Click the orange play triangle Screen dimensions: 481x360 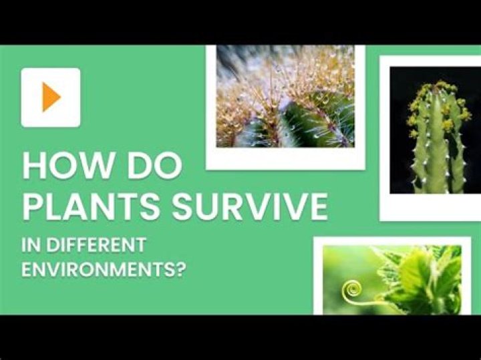(x=51, y=97)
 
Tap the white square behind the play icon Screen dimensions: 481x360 (x=51, y=98)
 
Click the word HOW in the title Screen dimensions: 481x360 (x=67, y=166)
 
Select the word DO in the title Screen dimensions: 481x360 (x=155, y=166)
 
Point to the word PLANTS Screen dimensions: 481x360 (x=91, y=206)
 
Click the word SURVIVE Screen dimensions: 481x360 (x=250, y=206)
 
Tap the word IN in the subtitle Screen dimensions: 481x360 (x=31, y=244)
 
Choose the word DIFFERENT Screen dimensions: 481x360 (x=96, y=244)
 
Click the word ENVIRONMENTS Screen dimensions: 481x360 (x=96, y=269)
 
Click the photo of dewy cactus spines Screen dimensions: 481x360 (x=285, y=96)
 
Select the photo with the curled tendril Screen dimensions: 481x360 (x=392, y=280)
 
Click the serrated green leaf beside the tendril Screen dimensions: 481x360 (x=420, y=276)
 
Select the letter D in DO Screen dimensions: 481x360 (x=139, y=166)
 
